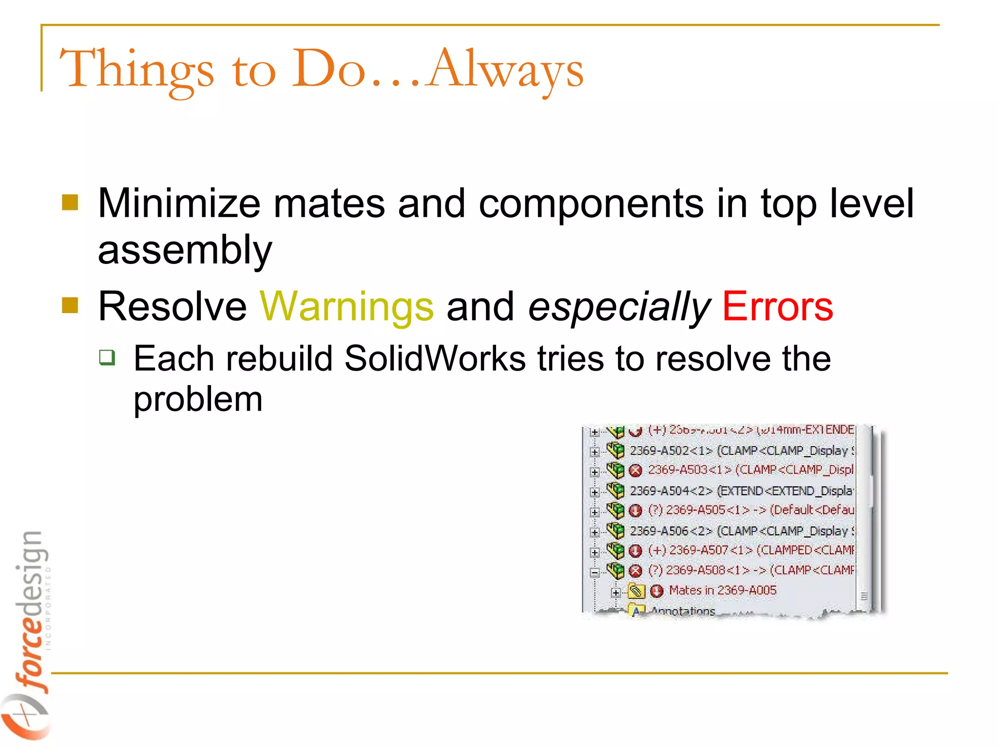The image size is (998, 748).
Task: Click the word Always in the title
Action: pyautogui.click(x=505, y=69)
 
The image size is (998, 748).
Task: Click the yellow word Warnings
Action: pyautogui.click(x=346, y=307)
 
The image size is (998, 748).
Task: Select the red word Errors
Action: pyautogui.click(x=777, y=307)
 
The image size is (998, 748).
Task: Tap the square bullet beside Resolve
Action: pyautogui.click(x=70, y=305)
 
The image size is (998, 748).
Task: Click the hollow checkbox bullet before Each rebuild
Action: pyautogui.click(x=107, y=357)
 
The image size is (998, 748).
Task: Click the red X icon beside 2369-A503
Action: pyautogui.click(x=635, y=470)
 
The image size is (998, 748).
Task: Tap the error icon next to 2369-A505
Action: pyautogui.click(x=635, y=511)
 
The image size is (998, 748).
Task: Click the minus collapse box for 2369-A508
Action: pyautogui.click(x=595, y=573)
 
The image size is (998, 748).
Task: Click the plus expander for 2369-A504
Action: pyautogui.click(x=595, y=492)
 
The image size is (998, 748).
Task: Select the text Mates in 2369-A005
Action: pyautogui.click(x=722, y=591)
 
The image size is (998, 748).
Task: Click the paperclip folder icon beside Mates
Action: pyautogui.click(x=636, y=591)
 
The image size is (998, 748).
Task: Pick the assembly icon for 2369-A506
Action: pyautogui.click(x=615, y=530)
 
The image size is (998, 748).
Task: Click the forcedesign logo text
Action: pyautogui.click(x=32, y=609)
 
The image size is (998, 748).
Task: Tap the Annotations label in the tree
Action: pyautogui.click(x=682, y=611)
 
